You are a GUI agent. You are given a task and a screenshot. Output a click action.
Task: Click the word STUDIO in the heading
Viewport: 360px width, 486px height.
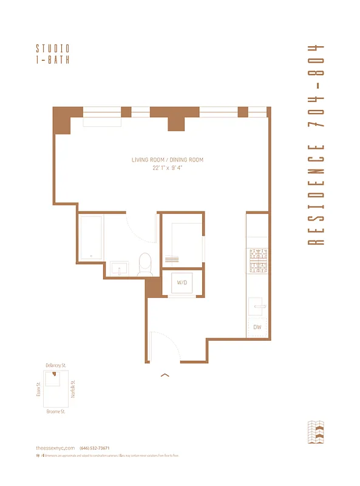(x=53, y=48)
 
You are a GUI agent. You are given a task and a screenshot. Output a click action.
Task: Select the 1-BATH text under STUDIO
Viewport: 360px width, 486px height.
(x=53, y=60)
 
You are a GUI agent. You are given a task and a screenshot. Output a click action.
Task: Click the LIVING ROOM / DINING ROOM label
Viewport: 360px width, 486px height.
(x=168, y=160)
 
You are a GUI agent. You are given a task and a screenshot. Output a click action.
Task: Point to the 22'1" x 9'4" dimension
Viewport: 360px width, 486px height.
(x=168, y=168)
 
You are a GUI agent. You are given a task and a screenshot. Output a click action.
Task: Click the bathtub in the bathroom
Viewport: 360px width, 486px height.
(x=90, y=238)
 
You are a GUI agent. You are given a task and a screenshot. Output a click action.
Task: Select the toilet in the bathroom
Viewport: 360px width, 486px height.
(x=145, y=265)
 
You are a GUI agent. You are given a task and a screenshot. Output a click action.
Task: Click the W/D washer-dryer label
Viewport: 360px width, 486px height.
(x=182, y=283)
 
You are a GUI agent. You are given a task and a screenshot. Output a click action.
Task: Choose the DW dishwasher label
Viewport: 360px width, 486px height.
(x=257, y=327)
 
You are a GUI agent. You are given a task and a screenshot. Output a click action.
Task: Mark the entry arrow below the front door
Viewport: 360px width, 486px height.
(x=164, y=375)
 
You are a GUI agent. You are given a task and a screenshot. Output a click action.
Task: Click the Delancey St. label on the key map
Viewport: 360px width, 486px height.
(x=55, y=365)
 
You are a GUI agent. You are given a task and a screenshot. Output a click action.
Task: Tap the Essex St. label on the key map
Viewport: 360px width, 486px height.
(x=38, y=389)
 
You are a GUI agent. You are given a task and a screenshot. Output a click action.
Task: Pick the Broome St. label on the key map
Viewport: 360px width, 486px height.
(x=55, y=412)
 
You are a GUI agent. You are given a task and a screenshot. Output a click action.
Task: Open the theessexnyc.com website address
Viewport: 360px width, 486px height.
(x=55, y=448)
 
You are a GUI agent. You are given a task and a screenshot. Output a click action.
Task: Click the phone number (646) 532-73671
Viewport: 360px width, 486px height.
(x=94, y=448)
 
